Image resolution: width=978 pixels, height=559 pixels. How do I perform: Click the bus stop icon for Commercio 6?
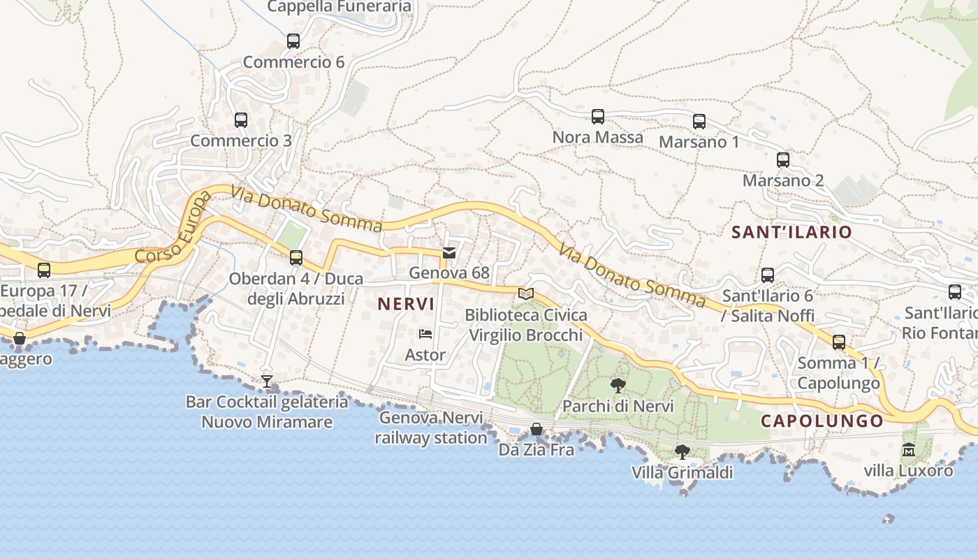click(x=293, y=41)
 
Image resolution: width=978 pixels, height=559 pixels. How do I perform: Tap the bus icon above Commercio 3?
click(x=241, y=120)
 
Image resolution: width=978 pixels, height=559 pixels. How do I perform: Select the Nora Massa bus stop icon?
click(x=598, y=117)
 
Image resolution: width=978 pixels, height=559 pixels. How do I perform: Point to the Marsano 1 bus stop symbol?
click(x=699, y=122)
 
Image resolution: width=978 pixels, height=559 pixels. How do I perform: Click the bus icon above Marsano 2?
click(x=783, y=160)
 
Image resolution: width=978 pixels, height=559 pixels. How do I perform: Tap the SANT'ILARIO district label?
click(x=791, y=232)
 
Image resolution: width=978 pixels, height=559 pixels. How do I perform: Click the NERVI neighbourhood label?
click(x=406, y=304)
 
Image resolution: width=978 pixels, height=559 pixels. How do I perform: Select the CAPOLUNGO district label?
click(x=822, y=421)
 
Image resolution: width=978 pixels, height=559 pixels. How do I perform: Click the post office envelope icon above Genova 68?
click(x=449, y=252)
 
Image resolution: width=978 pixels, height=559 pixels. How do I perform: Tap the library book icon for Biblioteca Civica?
click(x=526, y=294)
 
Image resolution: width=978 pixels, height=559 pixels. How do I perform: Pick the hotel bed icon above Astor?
click(x=425, y=334)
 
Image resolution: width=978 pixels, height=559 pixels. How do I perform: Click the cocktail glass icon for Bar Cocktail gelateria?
click(x=266, y=382)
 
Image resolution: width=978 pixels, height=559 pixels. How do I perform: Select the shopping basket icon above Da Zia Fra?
click(x=537, y=429)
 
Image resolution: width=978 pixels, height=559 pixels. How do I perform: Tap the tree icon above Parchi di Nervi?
click(x=618, y=385)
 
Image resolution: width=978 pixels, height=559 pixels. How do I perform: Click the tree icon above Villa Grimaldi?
click(x=683, y=452)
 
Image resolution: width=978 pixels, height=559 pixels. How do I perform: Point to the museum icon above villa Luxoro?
click(x=908, y=449)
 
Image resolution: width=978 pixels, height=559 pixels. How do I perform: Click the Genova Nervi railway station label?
click(x=431, y=428)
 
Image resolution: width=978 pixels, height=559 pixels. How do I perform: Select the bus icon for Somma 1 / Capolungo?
click(x=839, y=342)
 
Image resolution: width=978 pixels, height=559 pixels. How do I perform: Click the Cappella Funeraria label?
click(x=340, y=7)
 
